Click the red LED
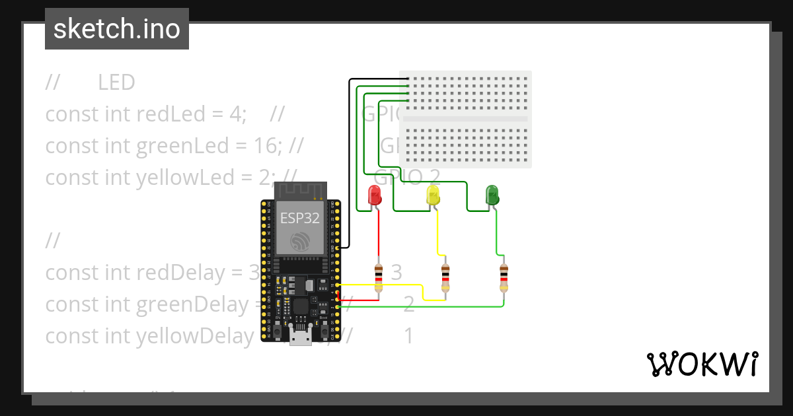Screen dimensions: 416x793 pyautogui.click(x=375, y=195)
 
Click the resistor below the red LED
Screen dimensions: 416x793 pyautogui.click(x=379, y=277)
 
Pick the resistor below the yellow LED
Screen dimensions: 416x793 pyautogui.click(x=445, y=277)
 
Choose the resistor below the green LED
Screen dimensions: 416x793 pyautogui.click(x=504, y=277)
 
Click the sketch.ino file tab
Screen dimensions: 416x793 pyautogui.click(x=117, y=29)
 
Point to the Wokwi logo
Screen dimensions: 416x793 pyautogui.click(x=702, y=364)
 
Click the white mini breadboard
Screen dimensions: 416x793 pyautogui.click(x=465, y=119)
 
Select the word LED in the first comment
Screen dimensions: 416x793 pyautogui.click(x=116, y=83)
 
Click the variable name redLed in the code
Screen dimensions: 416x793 pyautogui.click(x=170, y=114)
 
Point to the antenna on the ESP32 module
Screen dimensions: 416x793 pyautogui.click(x=301, y=191)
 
